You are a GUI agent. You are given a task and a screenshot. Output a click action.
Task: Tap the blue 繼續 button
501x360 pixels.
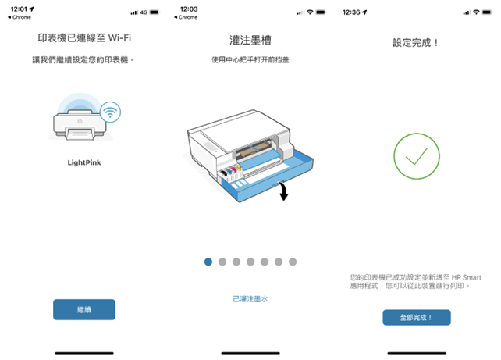pyautogui.click(x=84, y=309)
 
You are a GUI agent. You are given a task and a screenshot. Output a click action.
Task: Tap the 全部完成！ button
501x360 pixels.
pyautogui.click(x=417, y=318)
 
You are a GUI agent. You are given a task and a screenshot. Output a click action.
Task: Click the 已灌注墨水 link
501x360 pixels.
pyautogui.click(x=250, y=299)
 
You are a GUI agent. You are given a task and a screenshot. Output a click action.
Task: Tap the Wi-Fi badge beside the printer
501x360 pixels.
pyautogui.click(x=110, y=112)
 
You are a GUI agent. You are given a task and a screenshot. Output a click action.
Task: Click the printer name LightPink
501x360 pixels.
pyautogui.click(x=84, y=162)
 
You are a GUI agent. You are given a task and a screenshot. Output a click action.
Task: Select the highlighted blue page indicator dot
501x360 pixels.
pyautogui.click(x=208, y=262)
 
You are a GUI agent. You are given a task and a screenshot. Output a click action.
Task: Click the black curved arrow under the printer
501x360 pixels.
pyautogui.click(x=283, y=191)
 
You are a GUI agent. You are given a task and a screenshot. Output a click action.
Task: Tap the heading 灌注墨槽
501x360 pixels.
pyautogui.click(x=250, y=41)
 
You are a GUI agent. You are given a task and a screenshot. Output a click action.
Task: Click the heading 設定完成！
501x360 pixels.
pyautogui.click(x=415, y=42)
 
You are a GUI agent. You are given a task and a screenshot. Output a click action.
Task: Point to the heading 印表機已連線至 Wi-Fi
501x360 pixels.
pyautogui.click(x=84, y=38)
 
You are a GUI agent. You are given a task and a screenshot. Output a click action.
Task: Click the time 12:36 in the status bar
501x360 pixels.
pyautogui.click(x=351, y=12)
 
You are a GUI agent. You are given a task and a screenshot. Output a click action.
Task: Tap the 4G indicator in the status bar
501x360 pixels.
pyautogui.click(x=144, y=12)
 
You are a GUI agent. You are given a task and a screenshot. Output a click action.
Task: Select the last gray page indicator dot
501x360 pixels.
pyautogui.click(x=293, y=262)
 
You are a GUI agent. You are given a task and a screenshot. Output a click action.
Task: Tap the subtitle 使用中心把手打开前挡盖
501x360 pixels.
pyautogui.click(x=250, y=60)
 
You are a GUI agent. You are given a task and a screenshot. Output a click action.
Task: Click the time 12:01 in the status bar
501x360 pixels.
pyautogui.click(x=19, y=9)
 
